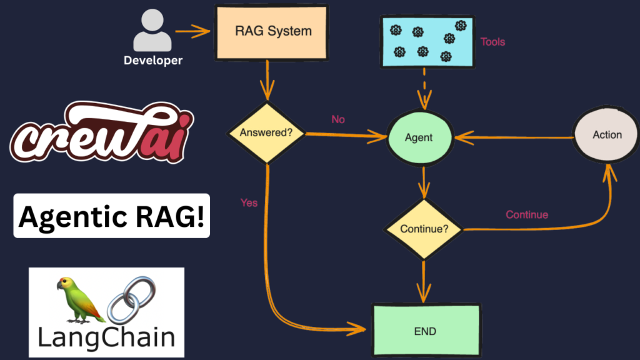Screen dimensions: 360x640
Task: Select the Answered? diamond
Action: (267, 133)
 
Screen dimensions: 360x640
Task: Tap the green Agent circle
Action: (419, 137)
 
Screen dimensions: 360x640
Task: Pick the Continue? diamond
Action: (424, 229)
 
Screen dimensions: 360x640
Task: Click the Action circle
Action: (607, 135)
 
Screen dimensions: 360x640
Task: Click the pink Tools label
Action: (492, 42)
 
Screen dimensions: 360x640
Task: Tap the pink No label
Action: (338, 119)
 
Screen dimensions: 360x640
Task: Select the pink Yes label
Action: (249, 202)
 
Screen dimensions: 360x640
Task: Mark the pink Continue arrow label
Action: (527, 215)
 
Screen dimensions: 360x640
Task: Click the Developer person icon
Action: (152, 31)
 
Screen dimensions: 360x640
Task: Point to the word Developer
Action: (153, 61)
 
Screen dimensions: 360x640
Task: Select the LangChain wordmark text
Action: (106, 337)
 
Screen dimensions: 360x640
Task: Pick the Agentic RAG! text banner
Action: (112, 217)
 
